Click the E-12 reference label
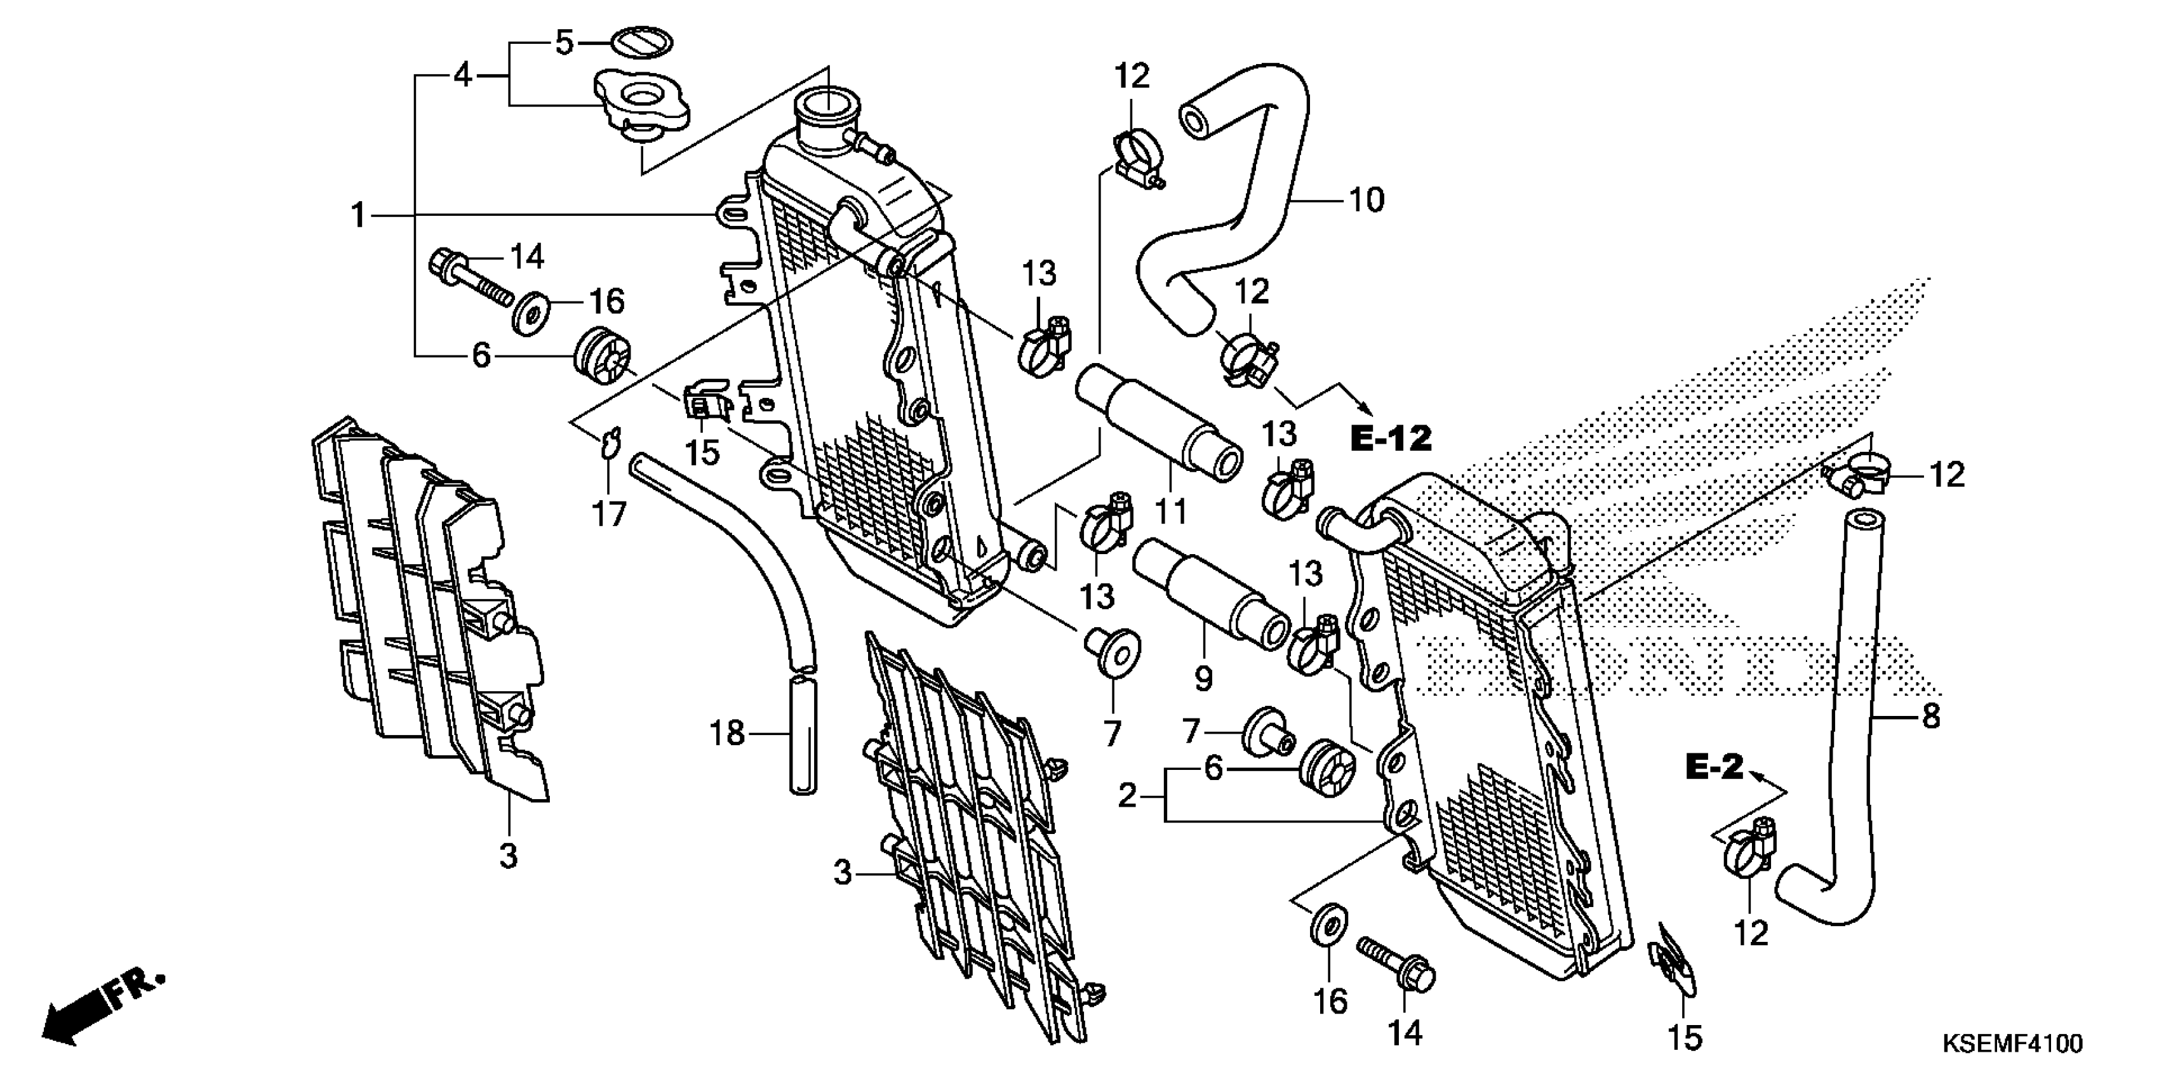pos(1391,438)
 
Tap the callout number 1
pos(358,216)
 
